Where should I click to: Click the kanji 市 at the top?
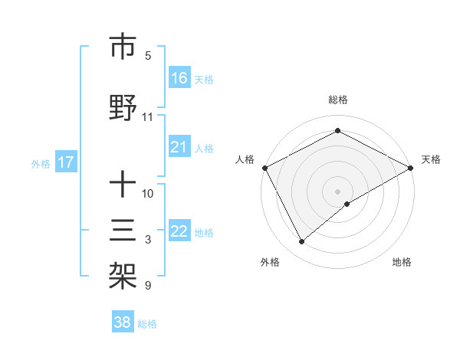pyautogui.click(x=123, y=47)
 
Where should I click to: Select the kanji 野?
pyautogui.click(x=123, y=110)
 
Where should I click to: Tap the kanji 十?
pyautogui.click(x=123, y=185)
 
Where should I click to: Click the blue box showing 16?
pyautogui.click(x=179, y=78)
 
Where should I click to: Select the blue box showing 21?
pyautogui.click(x=179, y=147)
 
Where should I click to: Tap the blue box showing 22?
pyautogui.click(x=179, y=231)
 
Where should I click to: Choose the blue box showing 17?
pyautogui.click(x=65, y=162)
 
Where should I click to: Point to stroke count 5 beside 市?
pyautogui.click(x=148, y=55)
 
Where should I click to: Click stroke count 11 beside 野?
pyautogui.click(x=148, y=117)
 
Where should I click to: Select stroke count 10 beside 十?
pyautogui.click(x=148, y=193)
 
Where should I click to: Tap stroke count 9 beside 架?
pyautogui.click(x=148, y=286)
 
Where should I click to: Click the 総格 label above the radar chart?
pyautogui.click(x=338, y=100)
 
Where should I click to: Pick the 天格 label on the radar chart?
pyautogui.click(x=431, y=159)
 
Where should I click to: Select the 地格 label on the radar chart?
pyautogui.click(x=402, y=262)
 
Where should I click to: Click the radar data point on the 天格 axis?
pyautogui.click(x=411, y=168)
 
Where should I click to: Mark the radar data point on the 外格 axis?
pyautogui.click(x=302, y=241)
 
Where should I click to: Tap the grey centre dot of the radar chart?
pyautogui.click(x=338, y=191)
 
